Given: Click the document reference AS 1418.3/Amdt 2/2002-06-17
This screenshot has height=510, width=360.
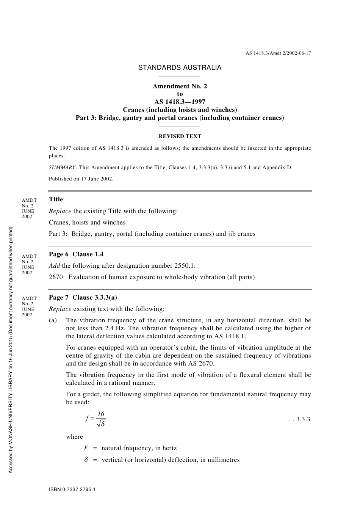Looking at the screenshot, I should (278, 53).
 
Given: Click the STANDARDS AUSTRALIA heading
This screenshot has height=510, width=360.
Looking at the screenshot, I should (180, 67).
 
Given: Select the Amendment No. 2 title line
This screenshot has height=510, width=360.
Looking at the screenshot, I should (180, 86).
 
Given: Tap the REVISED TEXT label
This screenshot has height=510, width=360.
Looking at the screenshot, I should (180, 136).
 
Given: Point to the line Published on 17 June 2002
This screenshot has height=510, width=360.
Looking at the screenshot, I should (81, 179).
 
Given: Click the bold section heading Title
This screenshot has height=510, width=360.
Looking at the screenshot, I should (56, 199).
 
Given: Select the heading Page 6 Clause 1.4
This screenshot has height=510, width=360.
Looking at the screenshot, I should (76, 254).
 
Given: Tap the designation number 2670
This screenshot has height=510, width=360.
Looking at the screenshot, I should (56, 277).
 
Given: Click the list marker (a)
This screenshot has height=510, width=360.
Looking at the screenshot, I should (53, 320).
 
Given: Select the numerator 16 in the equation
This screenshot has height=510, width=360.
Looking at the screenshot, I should (101, 414).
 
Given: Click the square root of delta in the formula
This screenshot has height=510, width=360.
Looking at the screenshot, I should (101, 424).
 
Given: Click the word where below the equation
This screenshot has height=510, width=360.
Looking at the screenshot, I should (74, 436).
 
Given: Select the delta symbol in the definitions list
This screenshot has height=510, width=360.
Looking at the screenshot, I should (86, 460).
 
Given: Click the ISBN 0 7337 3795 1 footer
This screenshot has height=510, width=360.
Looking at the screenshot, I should (72, 490).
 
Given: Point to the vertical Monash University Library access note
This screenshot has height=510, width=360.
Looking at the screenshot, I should (11, 350).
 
